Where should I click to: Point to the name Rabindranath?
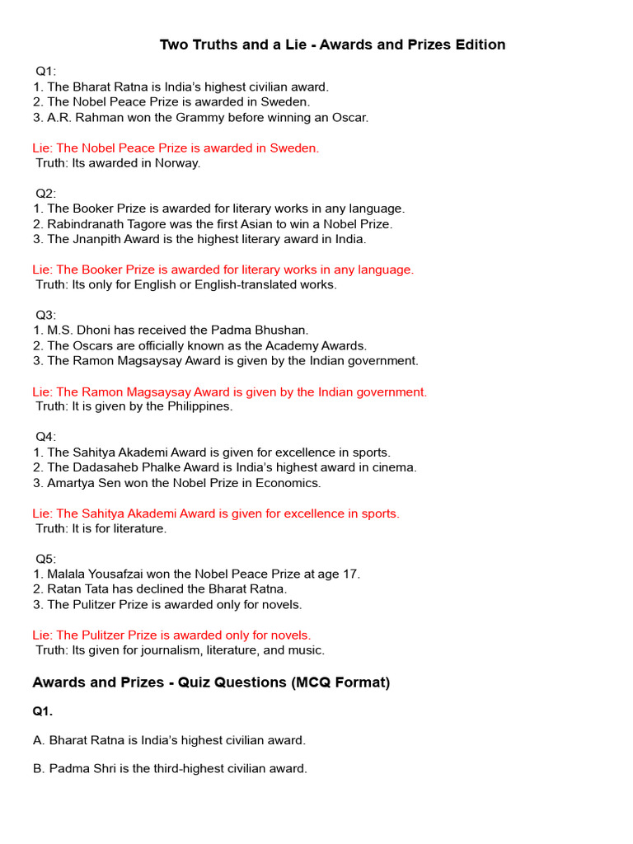[x=87, y=224]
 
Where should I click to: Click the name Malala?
[x=68, y=574]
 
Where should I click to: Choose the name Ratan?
[x=64, y=589]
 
